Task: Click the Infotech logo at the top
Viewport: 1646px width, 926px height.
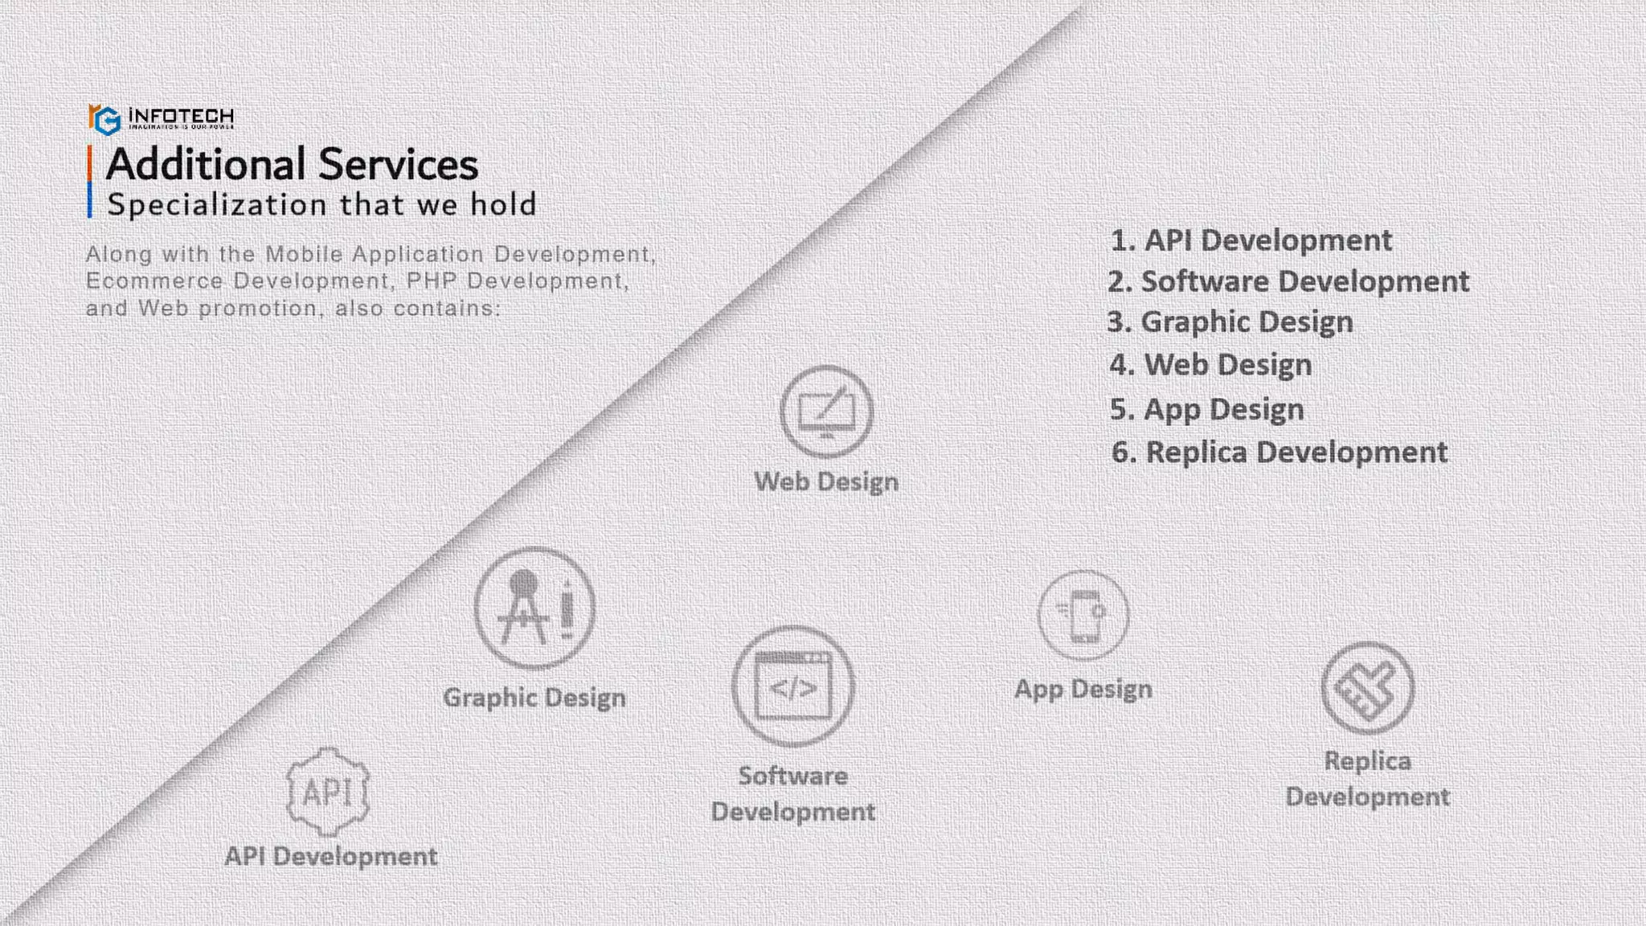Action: point(161,119)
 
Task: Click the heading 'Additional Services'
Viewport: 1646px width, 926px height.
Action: point(292,165)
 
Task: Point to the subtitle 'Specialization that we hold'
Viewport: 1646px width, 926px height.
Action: point(321,205)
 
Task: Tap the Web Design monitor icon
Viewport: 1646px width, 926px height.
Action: point(826,412)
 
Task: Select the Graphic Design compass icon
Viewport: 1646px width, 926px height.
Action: point(534,608)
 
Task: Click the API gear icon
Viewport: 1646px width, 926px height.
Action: point(328,792)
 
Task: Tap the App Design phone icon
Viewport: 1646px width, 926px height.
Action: point(1083,615)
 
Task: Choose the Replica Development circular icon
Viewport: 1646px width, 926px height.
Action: point(1367,688)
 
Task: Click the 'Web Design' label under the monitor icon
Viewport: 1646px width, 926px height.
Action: point(826,481)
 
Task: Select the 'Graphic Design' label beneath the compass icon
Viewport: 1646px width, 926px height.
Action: point(534,697)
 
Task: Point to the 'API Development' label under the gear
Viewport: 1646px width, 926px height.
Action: point(331,856)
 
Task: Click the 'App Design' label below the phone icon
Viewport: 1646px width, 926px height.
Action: point(1083,689)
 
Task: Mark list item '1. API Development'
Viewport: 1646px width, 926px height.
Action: point(1251,240)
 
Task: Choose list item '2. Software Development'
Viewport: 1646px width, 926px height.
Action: point(1288,281)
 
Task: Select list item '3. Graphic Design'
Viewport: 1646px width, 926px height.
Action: point(1230,322)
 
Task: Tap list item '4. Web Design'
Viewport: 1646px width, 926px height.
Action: point(1210,365)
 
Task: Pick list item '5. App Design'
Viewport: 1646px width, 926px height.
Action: point(1206,409)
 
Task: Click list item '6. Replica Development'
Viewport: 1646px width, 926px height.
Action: point(1280,453)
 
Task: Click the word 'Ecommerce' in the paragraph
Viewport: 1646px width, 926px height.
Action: point(154,281)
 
